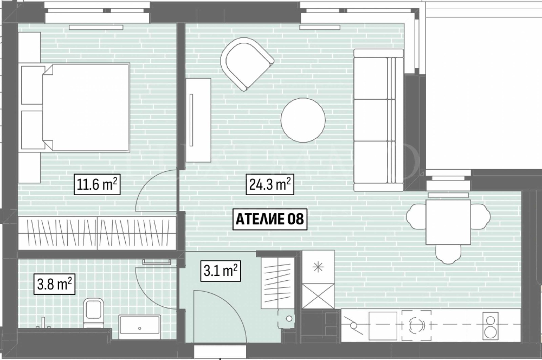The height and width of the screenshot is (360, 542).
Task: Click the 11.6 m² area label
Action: point(97,184)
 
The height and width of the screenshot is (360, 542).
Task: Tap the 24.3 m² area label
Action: point(270,184)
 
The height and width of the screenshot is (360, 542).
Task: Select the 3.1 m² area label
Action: point(221,271)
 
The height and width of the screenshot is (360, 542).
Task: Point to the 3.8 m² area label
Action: point(54,284)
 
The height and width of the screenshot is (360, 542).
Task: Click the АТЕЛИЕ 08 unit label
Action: point(270,219)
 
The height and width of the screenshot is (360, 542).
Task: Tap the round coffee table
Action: point(303,120)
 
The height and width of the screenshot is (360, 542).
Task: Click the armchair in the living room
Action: point(247,64)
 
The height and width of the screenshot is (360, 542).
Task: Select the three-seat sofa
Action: point(379,120)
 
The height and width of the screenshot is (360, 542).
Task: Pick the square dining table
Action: point(449,222)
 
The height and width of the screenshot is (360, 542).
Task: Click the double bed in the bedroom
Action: point(86,107)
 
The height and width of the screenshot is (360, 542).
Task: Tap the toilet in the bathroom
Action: point(93,313)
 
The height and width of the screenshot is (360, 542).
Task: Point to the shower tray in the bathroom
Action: point(140,327)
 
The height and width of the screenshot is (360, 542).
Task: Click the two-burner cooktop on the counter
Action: point(491,326)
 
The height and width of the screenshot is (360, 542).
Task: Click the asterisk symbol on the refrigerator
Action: point(318,267)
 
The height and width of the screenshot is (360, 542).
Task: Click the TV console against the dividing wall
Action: point(199,120)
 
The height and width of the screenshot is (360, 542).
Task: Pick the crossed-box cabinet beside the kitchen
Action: point(318,296)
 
